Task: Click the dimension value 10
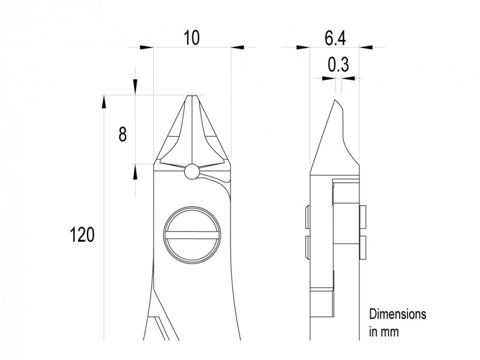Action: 191,38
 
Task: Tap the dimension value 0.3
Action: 338,64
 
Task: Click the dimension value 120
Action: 82,235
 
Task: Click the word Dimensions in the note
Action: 397,314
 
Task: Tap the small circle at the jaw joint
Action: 191,172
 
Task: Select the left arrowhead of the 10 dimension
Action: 146,47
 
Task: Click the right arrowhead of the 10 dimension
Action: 238,47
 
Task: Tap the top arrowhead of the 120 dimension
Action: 104,102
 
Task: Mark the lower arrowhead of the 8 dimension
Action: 136,173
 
